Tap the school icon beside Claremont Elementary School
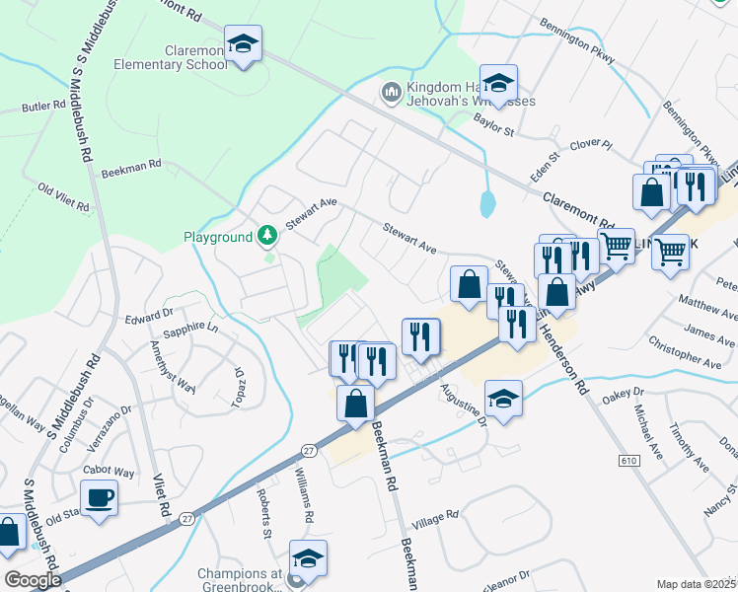pos(242,44)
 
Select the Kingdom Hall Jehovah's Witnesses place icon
pos(390,93)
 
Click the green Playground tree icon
pos(265,236)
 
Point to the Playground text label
pos(218,238)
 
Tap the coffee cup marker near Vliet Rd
pos(100,496)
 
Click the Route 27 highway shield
pos(309,450)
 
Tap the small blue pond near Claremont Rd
pos(487,204)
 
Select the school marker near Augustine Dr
pos(503,400)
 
